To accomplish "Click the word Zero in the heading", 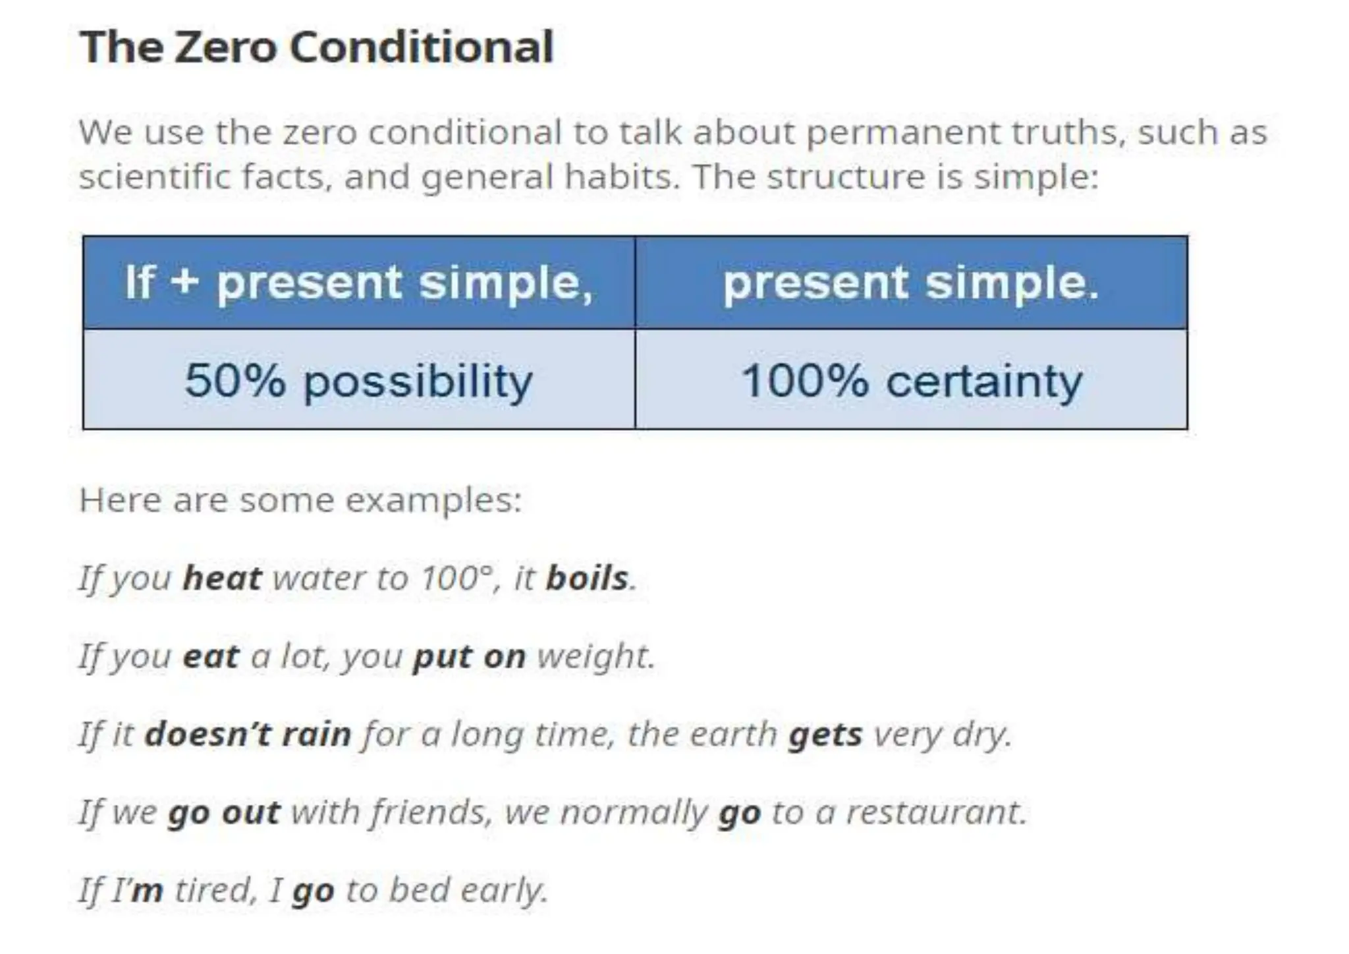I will [x=226, y=47].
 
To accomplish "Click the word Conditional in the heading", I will [x=421, y=47].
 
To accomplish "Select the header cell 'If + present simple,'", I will [x=359, y=282].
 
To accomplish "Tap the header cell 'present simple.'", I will [x=911, y=282].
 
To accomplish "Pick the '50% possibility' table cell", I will [x=359, y=380].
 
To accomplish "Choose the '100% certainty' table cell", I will [x=911, y=380].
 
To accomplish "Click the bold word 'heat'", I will [x=222, y=578].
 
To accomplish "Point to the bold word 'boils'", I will [x=587, y=578].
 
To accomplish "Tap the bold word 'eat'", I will [x=211, y=656].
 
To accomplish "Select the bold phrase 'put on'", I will [x=469, y=656].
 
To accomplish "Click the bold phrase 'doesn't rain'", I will [x=248, y=734].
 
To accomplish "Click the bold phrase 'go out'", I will [x=224, y=812].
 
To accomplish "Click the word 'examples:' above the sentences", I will [x=433, y=500].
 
